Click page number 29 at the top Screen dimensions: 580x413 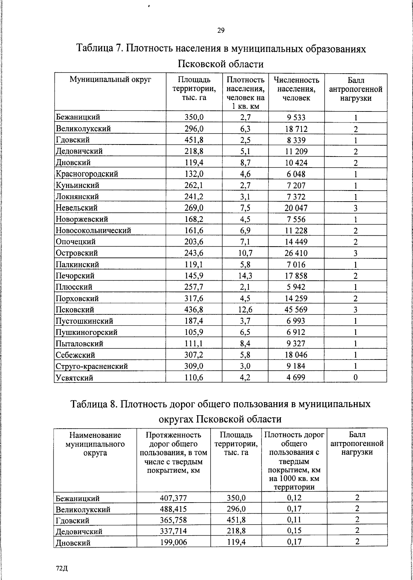click(x=221, y=31)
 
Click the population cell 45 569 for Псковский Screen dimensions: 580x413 click(x=296, y=310)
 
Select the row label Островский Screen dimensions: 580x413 click(x=77, y=253)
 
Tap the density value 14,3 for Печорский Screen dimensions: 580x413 click(x=245, y=276)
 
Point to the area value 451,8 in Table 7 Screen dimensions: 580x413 click(x=194, y=140)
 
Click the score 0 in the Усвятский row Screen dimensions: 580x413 click(x=356, y=377)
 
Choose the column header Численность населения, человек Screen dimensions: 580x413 click(x=296, y=89)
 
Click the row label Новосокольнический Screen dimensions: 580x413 click(x=93, y=230)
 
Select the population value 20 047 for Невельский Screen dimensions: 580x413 click(x=296, y=208)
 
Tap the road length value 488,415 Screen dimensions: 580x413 click(x=173, y=509)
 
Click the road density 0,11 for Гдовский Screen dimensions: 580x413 click(x=294, y=520)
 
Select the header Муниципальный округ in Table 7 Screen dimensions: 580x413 click(x=110, y=80)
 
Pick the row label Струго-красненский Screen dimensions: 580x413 click(x=92, y=366)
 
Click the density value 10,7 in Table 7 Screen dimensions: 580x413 click(x=245, y=253)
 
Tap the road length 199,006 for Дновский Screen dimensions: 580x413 click(x=173, y=542)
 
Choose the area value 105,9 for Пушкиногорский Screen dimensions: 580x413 click(x=194, y=332)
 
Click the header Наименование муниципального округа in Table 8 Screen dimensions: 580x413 click(x=95, y=444)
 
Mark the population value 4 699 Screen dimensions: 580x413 click(x=296, y=377)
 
